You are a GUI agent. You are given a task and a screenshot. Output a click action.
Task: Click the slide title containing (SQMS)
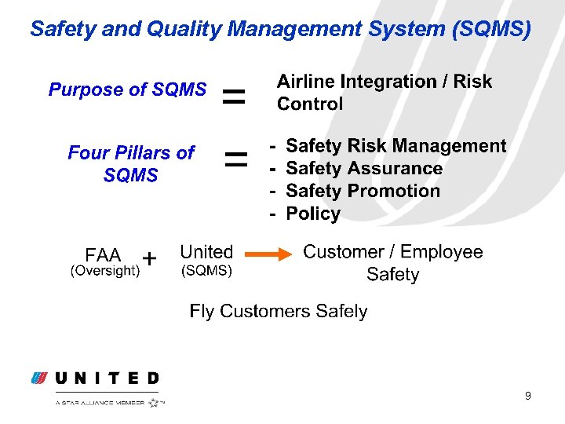(280, 29)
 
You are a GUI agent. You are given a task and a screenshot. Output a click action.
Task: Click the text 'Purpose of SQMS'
(127, 90)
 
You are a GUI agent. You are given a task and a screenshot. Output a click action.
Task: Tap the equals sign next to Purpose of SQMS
(233, 98)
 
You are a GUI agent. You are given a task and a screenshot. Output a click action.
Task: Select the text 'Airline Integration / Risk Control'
(384, 93)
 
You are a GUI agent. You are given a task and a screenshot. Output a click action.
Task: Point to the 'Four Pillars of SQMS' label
(130, 163)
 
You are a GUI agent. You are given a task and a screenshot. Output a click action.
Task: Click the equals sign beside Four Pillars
(235, 161)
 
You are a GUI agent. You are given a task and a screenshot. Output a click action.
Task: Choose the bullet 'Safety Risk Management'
(395, 146)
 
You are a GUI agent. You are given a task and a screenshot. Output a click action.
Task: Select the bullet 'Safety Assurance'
(364, 169)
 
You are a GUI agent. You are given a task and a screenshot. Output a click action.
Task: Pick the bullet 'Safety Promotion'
(363, 191)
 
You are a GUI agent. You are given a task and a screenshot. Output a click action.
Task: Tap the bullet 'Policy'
(313, 214)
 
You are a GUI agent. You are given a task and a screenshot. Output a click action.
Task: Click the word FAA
(103, 255)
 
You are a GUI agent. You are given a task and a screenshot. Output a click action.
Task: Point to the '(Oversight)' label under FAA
(105, 271)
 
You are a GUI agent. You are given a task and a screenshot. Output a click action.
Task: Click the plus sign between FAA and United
(150, 258)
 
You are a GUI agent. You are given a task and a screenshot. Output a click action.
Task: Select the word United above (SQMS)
(206, 252)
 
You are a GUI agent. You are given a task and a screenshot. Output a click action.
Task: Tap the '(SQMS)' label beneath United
(206, 271)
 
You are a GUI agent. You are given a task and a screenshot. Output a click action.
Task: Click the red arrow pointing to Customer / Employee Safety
(266, 254)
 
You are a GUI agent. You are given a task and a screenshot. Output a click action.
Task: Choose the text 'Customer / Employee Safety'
(392, 263)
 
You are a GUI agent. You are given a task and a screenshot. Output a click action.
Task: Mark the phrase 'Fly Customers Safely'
(278, 311)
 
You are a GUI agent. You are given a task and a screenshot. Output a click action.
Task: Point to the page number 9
(528, 396)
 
